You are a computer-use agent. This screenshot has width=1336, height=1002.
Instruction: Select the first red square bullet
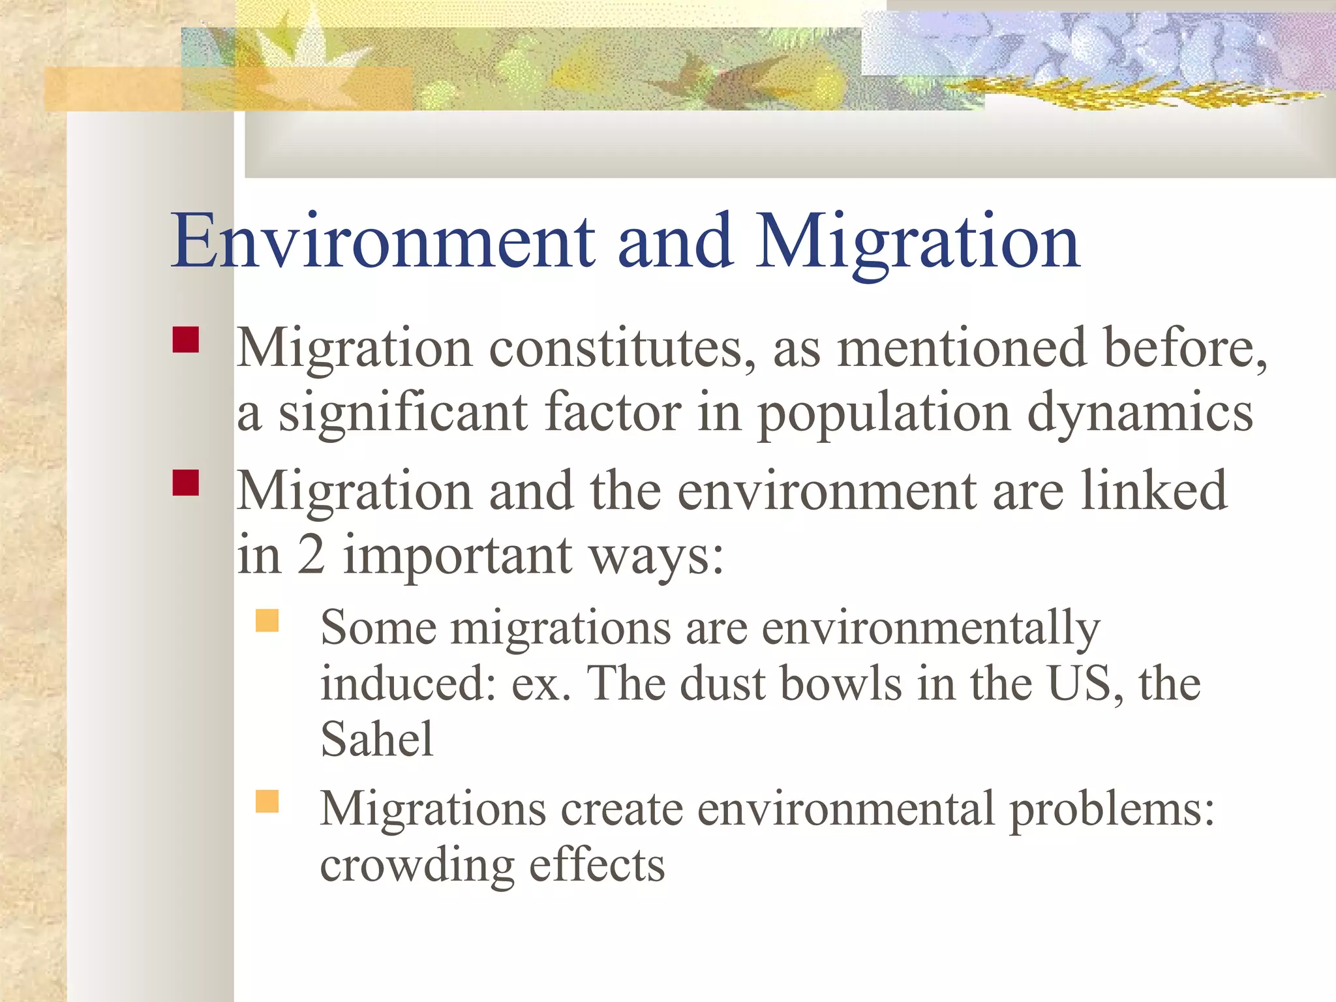pos(186,340)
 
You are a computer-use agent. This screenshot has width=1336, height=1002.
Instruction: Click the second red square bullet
pos(186,483)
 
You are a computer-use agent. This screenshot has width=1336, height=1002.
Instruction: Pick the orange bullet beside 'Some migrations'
pos(267,620)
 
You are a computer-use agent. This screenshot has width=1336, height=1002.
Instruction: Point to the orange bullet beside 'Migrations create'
pos(267,801)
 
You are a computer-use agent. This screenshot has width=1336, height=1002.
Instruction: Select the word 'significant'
pos(403,414)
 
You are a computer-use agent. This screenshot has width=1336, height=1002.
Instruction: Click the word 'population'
pos(884,415)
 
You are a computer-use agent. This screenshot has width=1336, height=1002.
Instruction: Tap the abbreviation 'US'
pos(1082,684)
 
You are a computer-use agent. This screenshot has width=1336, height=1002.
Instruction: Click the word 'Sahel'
pos(376,740)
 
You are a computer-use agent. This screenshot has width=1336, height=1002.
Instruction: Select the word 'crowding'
pos(416,866)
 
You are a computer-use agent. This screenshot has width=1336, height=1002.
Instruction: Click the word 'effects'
pos(597,865)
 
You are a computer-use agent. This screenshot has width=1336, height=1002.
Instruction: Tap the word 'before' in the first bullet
pos(1183,348)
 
